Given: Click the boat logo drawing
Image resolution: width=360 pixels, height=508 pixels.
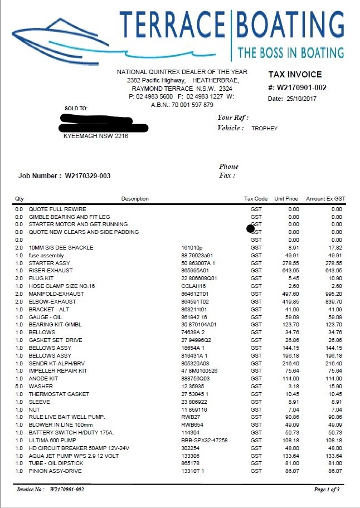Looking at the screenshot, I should coord(61,36).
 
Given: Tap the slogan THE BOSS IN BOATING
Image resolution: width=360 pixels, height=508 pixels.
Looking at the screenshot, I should coord(290,53).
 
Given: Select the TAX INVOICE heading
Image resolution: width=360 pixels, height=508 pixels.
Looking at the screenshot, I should coord(295,75).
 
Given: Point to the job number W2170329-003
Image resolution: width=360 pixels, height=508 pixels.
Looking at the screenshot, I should coord(88,176).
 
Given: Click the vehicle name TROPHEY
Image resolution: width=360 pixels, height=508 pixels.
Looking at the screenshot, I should coord(264,128).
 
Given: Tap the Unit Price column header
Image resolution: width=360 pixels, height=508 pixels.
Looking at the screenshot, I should coord(286,199).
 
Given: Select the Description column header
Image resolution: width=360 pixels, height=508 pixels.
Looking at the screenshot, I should coord(135,199).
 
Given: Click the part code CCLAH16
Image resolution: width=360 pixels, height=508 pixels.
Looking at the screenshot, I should coord(193,286).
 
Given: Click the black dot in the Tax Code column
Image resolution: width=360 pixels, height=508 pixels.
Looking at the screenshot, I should coord(250,228).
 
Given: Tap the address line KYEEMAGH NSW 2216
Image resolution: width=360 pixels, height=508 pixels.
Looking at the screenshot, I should coord(96,135).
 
